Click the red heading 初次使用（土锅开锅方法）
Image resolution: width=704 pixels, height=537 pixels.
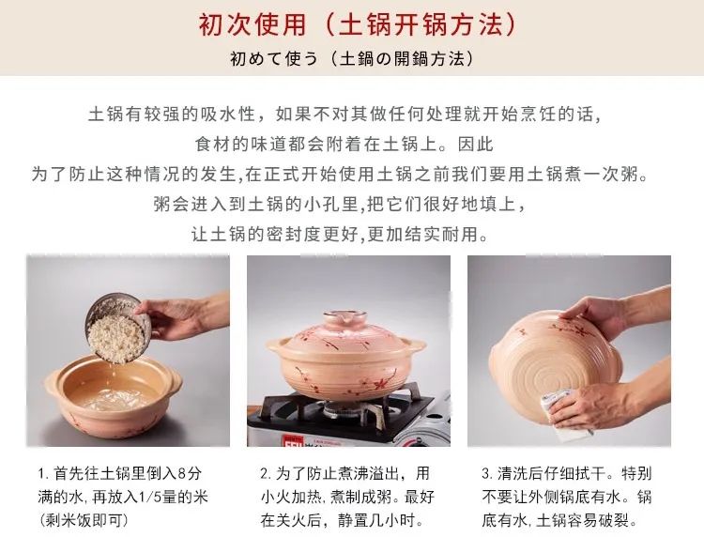pyautogui.click(x=352, y=23)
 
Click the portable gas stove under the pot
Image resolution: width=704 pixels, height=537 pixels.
pyautogui.click(x=347, y=413)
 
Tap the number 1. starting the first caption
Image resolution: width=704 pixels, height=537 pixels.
pyautogui.click(x=42, y=473)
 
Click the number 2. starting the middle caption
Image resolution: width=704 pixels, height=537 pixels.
pyautogui.click(x=266, y=473)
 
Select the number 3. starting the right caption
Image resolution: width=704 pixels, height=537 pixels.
pyautogui.click(x=487, y=473)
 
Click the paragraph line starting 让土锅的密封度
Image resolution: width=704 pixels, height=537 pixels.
pyautogui.click(x=352, y=234)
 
